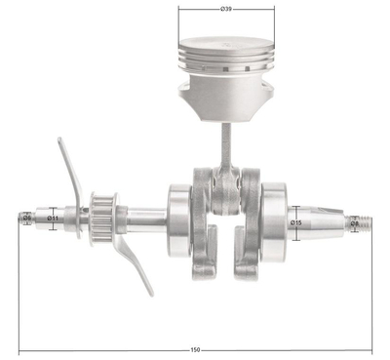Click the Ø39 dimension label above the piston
[x=226, y=9]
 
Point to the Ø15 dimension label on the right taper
[x=297, y=223]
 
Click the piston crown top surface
[x=226, y=45]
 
